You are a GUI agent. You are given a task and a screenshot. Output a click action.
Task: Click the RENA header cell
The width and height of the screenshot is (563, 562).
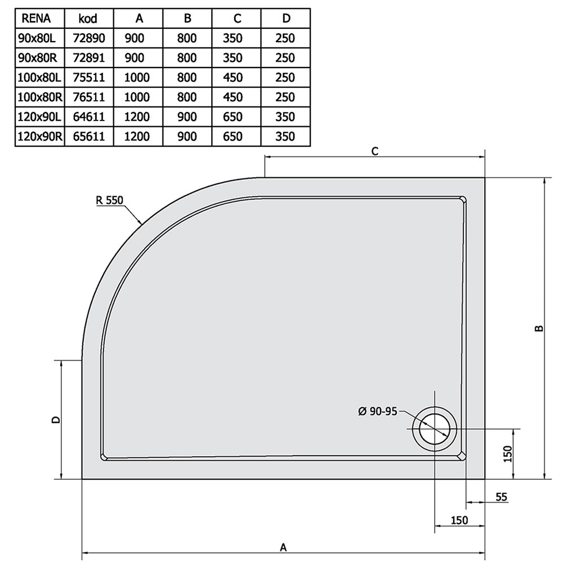36,19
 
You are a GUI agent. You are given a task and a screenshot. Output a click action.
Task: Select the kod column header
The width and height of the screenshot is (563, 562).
88,19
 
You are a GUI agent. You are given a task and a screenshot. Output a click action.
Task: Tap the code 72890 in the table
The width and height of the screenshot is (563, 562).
89,38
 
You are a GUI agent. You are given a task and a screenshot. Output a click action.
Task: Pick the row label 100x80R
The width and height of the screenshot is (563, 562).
40,97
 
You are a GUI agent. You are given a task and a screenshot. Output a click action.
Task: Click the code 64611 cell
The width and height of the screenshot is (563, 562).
89,117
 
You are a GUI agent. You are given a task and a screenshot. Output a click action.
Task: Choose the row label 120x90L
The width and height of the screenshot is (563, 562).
39,117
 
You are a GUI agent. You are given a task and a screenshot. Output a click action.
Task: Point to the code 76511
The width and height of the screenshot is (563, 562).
89,97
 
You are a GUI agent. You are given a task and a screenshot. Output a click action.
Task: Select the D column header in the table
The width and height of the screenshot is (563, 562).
286,19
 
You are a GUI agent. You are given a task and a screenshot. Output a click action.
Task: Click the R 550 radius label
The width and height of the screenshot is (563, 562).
110,200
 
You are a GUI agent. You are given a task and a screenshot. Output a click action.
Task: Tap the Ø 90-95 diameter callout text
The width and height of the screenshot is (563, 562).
378,411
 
